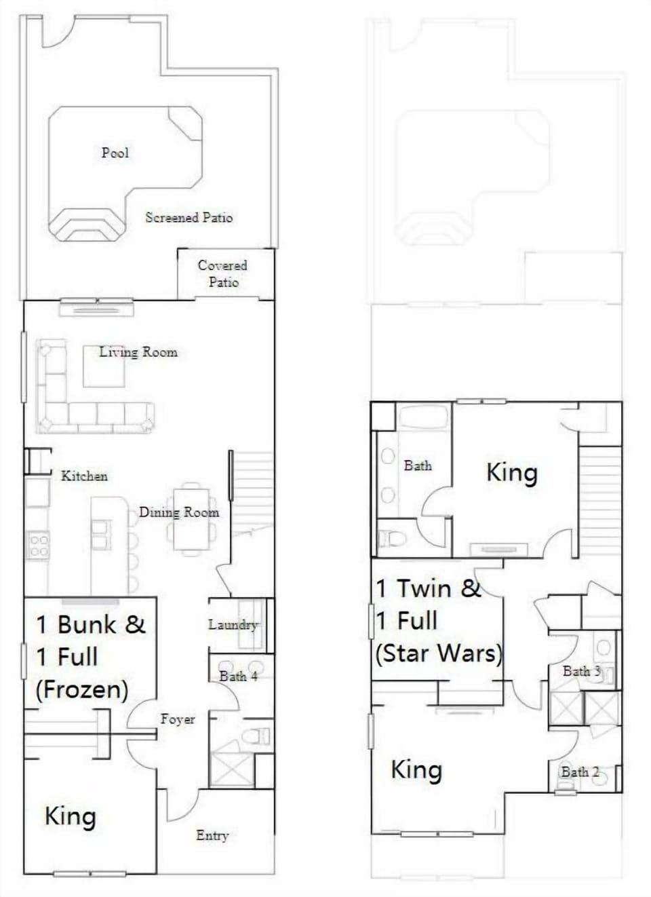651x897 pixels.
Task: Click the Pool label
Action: point(115,153)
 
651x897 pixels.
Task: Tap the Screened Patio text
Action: point(189,217)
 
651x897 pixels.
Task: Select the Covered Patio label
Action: point(223,274)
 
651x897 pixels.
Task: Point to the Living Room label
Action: point(138,352)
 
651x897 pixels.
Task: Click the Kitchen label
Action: point(84,476)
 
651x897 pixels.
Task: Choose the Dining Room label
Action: point(179,512)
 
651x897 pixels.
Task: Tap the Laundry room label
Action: point(233,625)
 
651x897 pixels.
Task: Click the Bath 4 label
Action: point(239,676)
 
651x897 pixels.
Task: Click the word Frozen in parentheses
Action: point(82,689)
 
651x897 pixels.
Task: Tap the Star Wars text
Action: point(439,653)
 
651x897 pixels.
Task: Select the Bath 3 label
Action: point(582,671)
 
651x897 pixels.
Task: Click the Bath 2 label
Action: point(580,771)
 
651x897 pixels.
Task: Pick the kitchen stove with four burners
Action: point(39,545)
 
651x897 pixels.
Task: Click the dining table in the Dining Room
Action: point(191,519)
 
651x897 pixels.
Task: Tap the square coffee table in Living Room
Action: point(104,366)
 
